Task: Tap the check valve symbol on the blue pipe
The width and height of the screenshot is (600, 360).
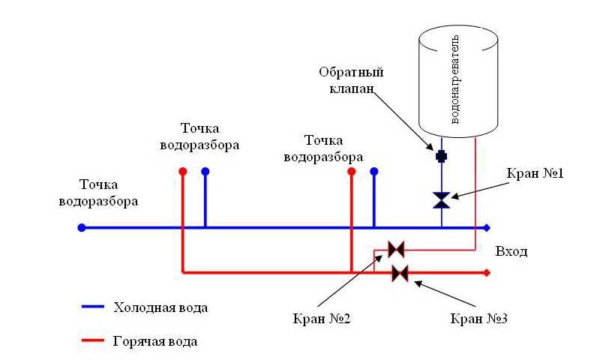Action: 442,156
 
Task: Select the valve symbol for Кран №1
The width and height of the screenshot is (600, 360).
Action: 442,200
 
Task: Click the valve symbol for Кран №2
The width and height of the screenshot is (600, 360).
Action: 395,248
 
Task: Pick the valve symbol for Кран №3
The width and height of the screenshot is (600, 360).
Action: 400,273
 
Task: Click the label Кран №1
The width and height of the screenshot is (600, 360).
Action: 534,173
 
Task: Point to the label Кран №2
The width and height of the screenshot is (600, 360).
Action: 322,318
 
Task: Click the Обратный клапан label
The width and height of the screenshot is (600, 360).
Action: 352,80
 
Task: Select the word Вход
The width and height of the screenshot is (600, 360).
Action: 511,251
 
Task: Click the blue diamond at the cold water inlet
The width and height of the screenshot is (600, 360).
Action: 487,227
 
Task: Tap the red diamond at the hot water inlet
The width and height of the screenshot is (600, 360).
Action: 487,273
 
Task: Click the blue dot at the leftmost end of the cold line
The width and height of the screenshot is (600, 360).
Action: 82,227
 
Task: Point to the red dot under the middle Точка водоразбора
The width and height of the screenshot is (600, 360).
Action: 182,171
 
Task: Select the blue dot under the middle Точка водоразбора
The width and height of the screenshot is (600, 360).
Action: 205,171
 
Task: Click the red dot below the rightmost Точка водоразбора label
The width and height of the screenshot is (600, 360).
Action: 351,171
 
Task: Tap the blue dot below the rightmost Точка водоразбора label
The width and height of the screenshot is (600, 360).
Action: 373,171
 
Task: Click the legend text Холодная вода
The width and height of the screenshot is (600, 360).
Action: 160,307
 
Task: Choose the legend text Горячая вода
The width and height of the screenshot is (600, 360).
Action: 155,341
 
